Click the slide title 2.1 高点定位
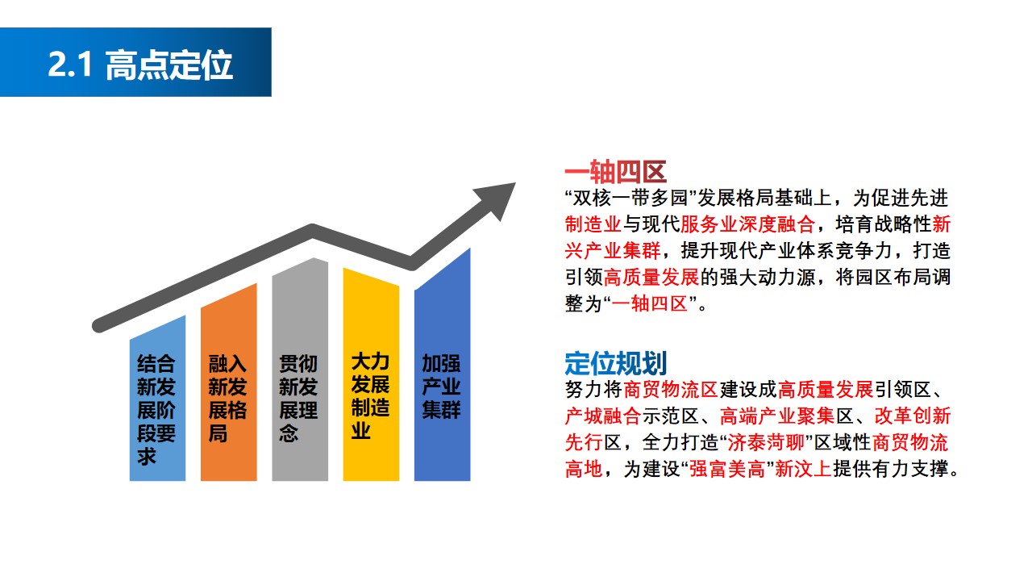point(140,65)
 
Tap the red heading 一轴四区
point(615,172)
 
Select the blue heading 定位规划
point(615,363)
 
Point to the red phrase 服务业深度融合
point(747,224)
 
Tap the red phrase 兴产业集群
point(613,251)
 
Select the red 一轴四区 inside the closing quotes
point(650,304)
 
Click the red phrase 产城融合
point(603,416)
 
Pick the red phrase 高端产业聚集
point(777,416)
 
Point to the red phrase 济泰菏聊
point(766,443)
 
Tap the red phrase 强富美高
point(727,469)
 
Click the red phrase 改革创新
point(913,416)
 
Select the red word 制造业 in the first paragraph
point(593,224)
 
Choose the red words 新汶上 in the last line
point(803,469)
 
